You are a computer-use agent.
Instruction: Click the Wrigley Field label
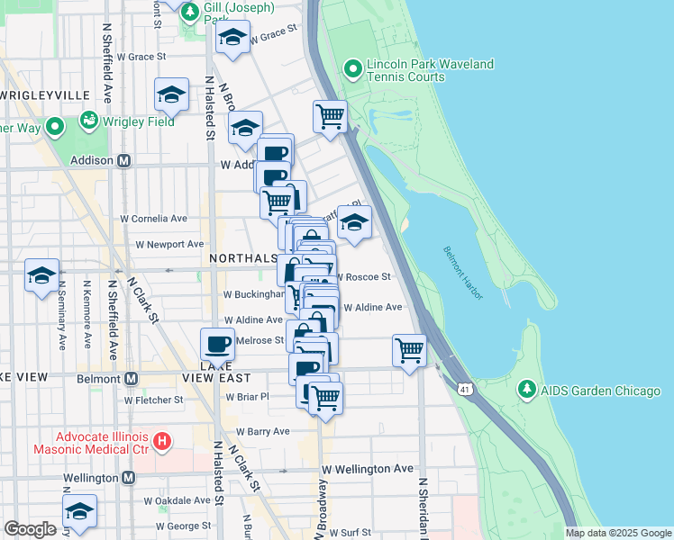click(x=142, y=119)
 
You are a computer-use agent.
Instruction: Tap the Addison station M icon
click(x=124, y=161)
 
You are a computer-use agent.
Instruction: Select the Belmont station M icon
click(x=132, y=379)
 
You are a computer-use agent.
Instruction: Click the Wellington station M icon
click(x=128, y=477)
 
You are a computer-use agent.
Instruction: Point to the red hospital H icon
click(x=162, y=441)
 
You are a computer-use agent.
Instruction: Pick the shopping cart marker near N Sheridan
click(x=410, y=348)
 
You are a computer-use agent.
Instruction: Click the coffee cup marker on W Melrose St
click(x=217, y=342)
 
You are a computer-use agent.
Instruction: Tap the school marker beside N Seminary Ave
click(x=41, y=275)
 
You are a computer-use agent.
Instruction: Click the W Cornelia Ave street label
click(x=154, y=218)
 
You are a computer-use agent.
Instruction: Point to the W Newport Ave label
click(x=169, y=244)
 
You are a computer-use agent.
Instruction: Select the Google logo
click(x=30, y=529)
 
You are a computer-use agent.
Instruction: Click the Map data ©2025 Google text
click(x=617, y=533)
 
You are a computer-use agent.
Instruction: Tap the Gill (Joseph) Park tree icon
click(x=190, y=12)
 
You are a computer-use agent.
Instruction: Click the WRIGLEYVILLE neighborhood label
click(x=45, y=94)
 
